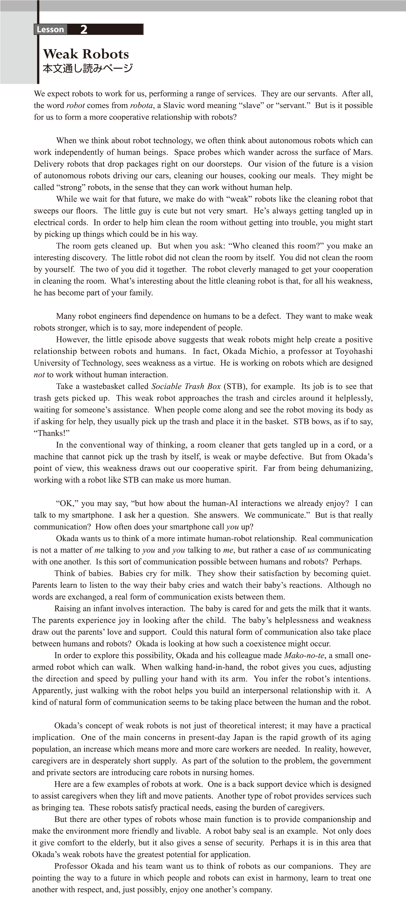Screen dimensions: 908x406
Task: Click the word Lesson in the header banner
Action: point(50,30)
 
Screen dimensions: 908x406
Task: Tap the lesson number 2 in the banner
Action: point(84,30)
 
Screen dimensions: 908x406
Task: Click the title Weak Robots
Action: point(86,54)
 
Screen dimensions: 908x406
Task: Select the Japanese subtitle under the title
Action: point(87,68)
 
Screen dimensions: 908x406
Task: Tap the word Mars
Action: point(363,152)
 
